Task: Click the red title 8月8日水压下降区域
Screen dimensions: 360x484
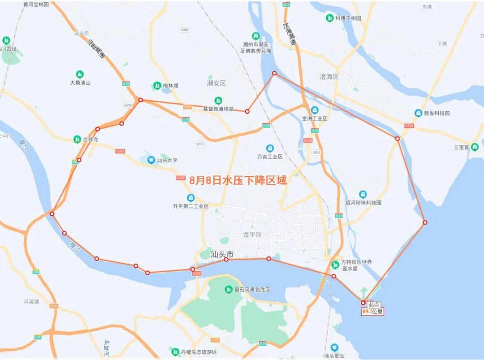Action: coord(238,180)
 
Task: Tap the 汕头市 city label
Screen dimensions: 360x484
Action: coord(223,254)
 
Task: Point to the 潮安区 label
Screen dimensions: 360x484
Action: coord(216,83)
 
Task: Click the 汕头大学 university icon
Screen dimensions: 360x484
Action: coord(151,160)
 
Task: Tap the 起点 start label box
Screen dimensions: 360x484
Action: coord(373,304)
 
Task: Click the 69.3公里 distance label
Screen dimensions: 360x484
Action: coord(372,311)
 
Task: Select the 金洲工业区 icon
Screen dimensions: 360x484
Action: coord(315,110)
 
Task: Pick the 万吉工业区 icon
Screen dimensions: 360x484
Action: coord(270,148)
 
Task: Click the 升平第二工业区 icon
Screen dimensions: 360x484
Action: coord(191,198)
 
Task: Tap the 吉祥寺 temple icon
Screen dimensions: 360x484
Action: coord(78,139)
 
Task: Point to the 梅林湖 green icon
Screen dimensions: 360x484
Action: coord(157,85)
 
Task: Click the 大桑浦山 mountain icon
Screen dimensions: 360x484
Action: coord(80,74)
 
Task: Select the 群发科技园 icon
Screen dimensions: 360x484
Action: coord(418,113)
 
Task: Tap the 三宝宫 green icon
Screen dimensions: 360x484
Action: coord(475,147)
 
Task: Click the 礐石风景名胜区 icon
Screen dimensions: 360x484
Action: coord(229,290)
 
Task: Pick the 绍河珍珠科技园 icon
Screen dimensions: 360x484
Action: coord(363,194)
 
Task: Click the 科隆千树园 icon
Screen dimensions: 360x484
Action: coord(330,18)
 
